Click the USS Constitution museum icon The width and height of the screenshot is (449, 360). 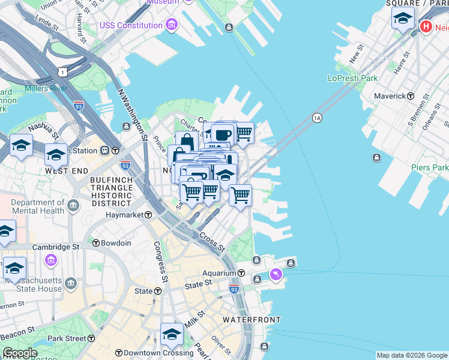pos(172,25)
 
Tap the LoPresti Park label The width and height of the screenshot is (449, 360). pos(352,78)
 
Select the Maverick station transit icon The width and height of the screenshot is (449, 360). pos(411,96)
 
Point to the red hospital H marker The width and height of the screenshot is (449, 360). pos(426,26)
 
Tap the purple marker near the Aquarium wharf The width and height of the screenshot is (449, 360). pos(276,274)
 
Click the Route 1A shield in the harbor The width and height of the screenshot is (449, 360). pos(317,118)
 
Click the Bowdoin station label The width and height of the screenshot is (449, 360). pos(116,243)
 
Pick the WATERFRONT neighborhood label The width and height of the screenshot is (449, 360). pos(252,320)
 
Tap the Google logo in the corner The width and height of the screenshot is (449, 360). pos(19,353)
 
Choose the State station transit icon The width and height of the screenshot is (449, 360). pos(158,291)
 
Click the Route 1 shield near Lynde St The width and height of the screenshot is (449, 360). pos(62,71)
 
